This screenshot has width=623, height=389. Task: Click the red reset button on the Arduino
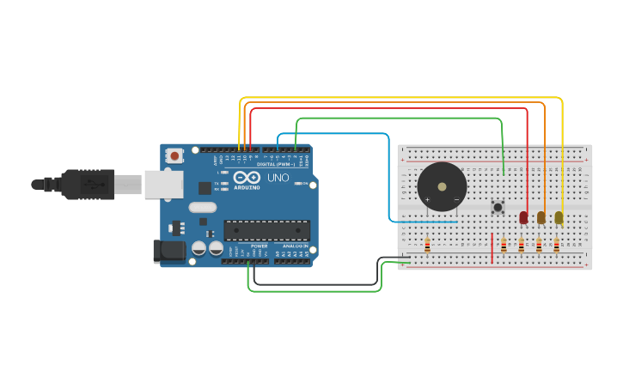pyautogui.click(x=174, y=155)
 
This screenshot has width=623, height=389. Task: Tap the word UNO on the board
pyautogui.click(x=278, y=178)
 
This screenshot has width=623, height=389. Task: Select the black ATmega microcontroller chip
pyautogui.click(x=266, y=230)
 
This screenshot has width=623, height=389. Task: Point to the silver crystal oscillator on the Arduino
pyautogui.click(x=202, y=207)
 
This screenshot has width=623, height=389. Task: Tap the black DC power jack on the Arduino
pyautogui.click(x=168, y=251)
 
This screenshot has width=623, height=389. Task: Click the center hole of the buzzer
pyautogui.click(x=442, y=185)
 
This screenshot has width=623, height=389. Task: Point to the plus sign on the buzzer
pyautogui.click(x=427, y=200)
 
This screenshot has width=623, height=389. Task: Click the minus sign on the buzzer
pyautogui.click(x=456, y=200)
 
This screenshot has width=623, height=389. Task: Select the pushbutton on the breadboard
pyautogui.click(x=497, y=207)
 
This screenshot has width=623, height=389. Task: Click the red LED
pyautogui.click(x=524, y=217)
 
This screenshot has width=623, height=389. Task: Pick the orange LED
pyautogui.click(x=541, y=217)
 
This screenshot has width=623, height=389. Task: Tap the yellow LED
pyautogui.click(x=559, y=217)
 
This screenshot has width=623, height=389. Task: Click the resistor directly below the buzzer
pyautogui.click(x=427, y=246)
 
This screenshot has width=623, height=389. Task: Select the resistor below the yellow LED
pyautogui.click(x=556, y=246)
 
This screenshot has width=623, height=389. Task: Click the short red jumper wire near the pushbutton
pyautogui.click(x=492, y=247)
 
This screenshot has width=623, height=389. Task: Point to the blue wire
pyautogui.click(x=335, y=134)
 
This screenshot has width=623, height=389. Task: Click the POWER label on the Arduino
pyautogui.click(x=259, y=246)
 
